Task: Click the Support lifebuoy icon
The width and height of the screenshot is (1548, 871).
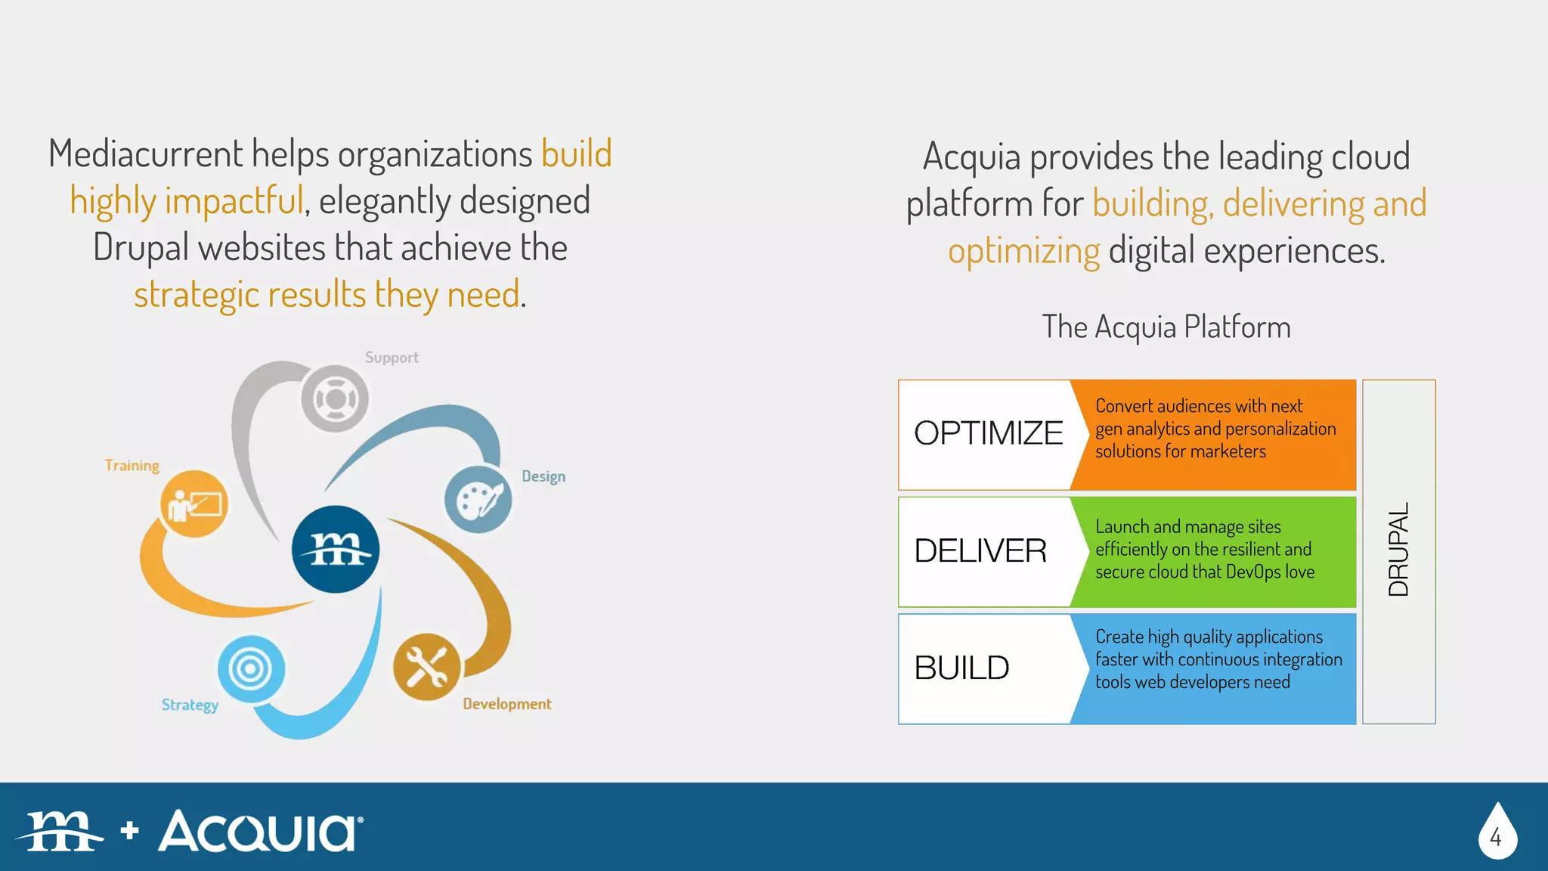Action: click(x=335, y=398)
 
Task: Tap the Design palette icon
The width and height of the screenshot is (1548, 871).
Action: click(x=478, y=500)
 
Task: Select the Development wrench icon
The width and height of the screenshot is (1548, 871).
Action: click(x=426, y=667)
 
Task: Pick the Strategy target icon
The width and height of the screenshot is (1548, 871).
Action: click(x=251, y=668)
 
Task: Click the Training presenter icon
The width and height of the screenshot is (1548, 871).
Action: click(x=194, y=504)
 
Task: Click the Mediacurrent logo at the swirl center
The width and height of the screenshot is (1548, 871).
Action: click(x=336, y=549)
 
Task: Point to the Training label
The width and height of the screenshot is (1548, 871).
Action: click(x=132, y=466)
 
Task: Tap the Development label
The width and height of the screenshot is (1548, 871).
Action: click(x=507, y=704)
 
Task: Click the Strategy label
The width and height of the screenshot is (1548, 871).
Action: click(x=190, y=705)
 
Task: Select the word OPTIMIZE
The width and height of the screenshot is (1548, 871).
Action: click(x=988, y=433)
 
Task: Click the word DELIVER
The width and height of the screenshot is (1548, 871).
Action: click(x=980, y=550)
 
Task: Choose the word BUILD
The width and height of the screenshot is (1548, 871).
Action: click(x=961, y=668)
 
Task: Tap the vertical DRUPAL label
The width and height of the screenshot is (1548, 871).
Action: click(x=1398, y=550)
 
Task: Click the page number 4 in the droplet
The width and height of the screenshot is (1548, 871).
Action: click(x=1496, y=837)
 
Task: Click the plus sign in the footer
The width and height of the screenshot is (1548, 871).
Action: click(x=130, y=830)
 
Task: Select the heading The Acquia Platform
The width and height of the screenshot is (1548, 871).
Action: click(x=1166, y=327)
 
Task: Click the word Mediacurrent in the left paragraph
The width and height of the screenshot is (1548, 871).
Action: click(x=146, y=154)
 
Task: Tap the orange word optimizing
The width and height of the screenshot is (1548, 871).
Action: click(x=1023, y=251)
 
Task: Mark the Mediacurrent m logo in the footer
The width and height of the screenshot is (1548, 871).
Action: click(x=60, y=831)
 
